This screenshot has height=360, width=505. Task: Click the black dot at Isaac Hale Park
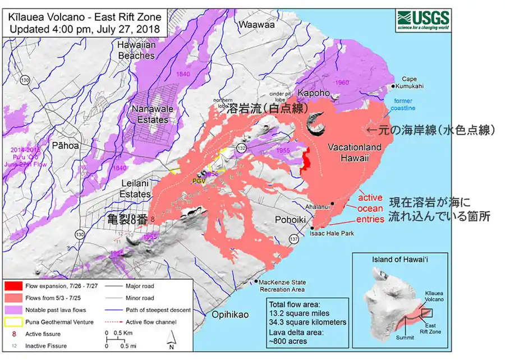[313, 227]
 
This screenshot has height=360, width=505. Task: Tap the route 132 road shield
[241, 147]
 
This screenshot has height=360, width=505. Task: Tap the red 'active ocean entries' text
[370, 207]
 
